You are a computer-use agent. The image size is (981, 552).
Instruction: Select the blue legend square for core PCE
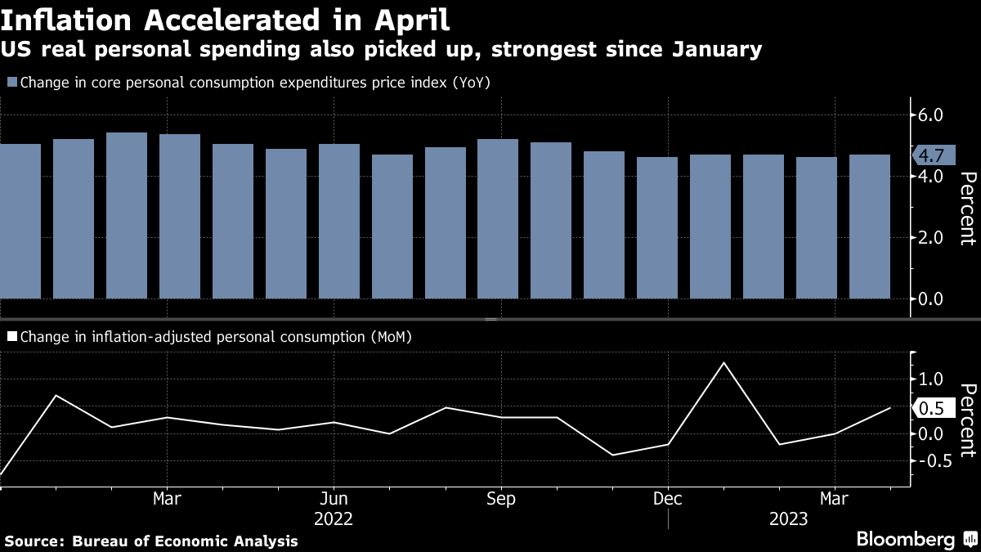tap(11, 83)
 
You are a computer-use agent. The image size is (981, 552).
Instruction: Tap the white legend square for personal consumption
tap(11, 335)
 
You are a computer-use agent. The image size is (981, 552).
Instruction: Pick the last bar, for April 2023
tap(870, 227)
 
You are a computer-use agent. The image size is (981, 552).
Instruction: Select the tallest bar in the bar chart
tap(127, 215)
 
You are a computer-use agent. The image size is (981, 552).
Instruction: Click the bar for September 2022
tap(498, 218)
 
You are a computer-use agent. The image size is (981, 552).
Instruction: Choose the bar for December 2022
tap(657, 227)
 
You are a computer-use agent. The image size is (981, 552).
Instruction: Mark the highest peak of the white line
tap(723, 362)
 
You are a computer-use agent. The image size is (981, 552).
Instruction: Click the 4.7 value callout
tap(931, 155)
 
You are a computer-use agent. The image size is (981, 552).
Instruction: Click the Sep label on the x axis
tap(500, 499)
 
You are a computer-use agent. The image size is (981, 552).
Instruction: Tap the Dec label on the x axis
tap(668, 499)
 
